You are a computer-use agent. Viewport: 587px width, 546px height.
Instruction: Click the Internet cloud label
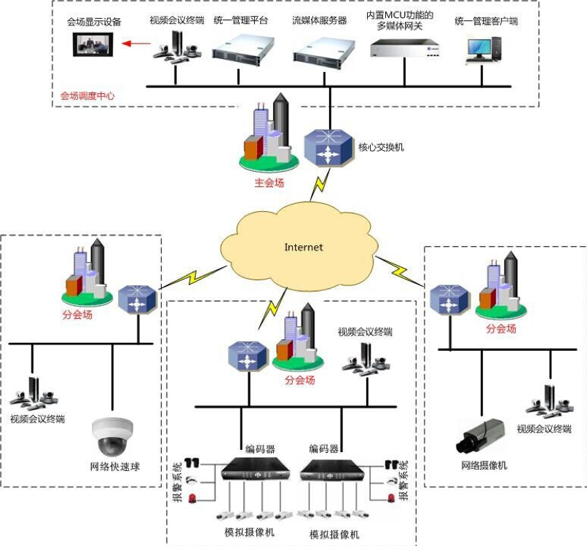click(303, 247)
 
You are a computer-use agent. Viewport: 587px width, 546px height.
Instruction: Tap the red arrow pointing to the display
click(136, 44)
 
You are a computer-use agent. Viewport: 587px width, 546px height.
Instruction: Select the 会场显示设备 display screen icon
click(92, 44)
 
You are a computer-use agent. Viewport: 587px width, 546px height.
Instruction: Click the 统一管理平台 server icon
click(243, 51)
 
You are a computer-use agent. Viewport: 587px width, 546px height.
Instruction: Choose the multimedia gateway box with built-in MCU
click(405, 49)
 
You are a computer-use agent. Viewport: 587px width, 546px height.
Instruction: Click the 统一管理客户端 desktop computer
click(484, 49)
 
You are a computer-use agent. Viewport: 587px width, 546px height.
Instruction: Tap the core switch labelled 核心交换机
click(328, 148)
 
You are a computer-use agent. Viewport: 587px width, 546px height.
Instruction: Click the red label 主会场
click(269, 183)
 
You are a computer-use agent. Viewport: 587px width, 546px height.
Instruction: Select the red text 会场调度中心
click(87, 96)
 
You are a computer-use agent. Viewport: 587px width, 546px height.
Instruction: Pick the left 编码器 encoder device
click(256, 468)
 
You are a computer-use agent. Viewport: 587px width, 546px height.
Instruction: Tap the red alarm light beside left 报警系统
click(192, 499)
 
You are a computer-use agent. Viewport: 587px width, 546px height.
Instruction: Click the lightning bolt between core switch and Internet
click(320, 185)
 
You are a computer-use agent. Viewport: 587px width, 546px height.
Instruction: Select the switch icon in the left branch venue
click(137, 299)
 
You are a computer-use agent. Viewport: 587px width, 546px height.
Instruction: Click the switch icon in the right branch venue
click(449, 299)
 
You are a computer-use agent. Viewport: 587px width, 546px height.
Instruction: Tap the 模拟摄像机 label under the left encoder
click(249, 531)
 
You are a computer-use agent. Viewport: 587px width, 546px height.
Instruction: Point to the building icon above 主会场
click(269, 132)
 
